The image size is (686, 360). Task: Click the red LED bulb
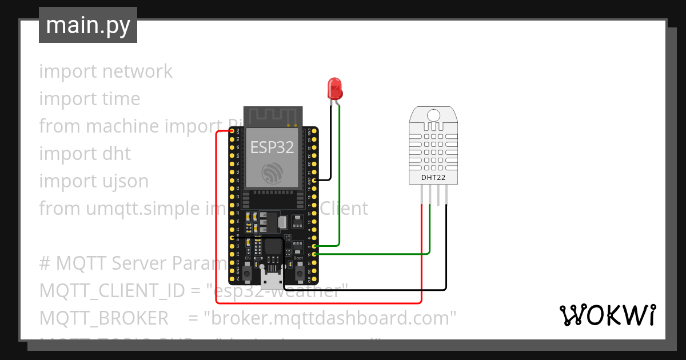[334, 88]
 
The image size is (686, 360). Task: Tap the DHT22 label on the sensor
[433, 178]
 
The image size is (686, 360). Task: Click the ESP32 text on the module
[272, 147]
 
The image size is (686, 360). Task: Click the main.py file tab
[88, 25]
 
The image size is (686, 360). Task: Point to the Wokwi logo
[607, 315]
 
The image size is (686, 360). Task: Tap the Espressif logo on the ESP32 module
[272, 173]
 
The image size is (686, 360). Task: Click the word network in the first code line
[137, 71]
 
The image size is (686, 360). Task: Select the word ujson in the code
[122, 181]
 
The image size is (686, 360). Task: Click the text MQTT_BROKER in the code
[104, 318]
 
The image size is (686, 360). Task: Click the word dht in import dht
[117, 153]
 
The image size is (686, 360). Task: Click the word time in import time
[121, 98]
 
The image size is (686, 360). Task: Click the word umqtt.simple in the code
[134, 208]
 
